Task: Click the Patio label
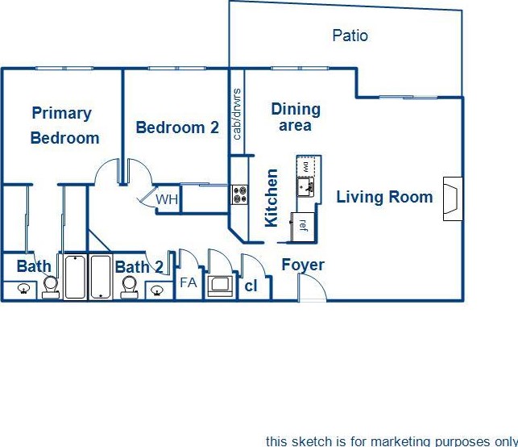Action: coord(350,36)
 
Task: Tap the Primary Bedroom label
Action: coord(63,125)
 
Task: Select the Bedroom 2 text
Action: coord(177,127)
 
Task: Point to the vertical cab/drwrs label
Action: coord(237,114)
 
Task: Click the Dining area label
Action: coord(296,117)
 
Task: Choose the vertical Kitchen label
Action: coord(271,198)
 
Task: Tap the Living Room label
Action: coord(384,197)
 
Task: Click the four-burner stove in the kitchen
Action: coord(240,194)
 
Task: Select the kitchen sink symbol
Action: coord(305,187)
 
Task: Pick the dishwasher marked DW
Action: coord(306,166)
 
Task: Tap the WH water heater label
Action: coord(167,199)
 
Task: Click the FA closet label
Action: coord(188,283)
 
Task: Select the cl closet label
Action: coord(250,285)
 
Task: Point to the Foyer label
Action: coord(303,265)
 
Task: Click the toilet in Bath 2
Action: coord(129,286)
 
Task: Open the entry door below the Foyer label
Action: coord(312,288)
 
